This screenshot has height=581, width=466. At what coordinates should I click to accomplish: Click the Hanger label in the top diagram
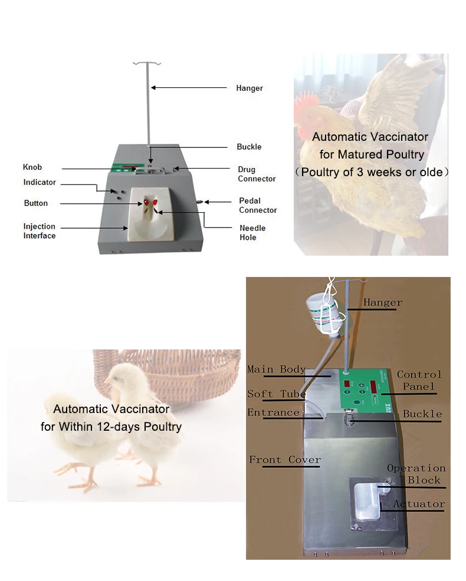coord(249,88)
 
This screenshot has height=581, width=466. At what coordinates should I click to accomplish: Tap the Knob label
coord(32,167)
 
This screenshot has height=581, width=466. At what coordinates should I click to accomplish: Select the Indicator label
coord(40,183)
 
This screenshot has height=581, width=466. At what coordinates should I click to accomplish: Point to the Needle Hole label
coord(252,233)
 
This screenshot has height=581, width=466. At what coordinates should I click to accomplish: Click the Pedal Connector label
coord(258,206)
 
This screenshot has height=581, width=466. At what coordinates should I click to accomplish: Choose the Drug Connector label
coord(257,174)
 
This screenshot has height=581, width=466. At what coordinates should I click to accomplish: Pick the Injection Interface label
coord(40,231)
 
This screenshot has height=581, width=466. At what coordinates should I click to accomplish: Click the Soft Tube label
coord(276,394)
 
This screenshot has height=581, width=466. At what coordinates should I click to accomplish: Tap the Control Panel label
coord(419,381)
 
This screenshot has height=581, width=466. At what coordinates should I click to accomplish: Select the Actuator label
coord(419,504)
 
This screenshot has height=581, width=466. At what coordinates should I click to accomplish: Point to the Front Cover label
coord(284,460)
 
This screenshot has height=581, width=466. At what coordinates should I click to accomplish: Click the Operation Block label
coord(416,474)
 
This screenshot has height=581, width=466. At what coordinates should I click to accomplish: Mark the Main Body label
coord(276,369)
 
